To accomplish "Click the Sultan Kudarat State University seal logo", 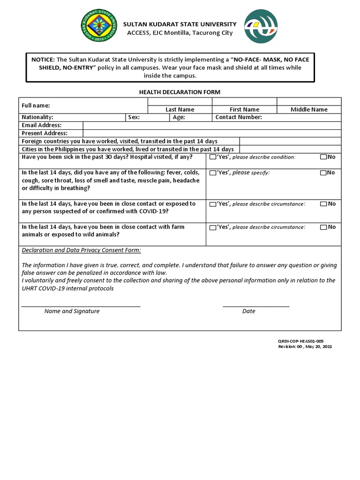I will coord(98,26).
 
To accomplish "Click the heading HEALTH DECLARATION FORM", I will coord(180,92).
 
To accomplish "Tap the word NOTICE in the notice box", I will coord(43,60).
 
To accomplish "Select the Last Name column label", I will coord(180,110).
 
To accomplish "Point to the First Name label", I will coord(244,110).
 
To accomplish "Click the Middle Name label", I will coord(309,110).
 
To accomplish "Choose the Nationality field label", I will coord(37,117).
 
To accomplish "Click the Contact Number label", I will coord(239,117).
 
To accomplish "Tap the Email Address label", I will coord(42,125).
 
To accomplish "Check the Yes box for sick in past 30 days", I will coord(213,157).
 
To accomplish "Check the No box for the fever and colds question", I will coord(323,172).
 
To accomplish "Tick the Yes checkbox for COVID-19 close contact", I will coord(213,204).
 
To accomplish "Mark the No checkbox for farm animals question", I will coord(323,227).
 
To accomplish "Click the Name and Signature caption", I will coord(72,311).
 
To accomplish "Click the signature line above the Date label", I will coord(256,306).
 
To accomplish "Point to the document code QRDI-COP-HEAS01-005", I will coord(301,341).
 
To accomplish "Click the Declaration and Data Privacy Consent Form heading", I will coord(81,250).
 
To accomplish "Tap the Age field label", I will coord(179,117).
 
